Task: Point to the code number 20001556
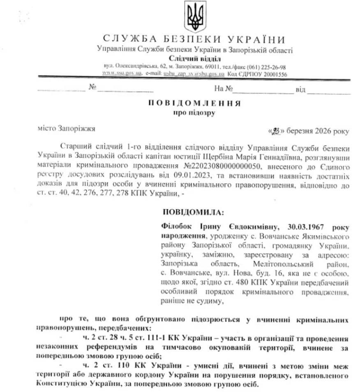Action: pos(273,74)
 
